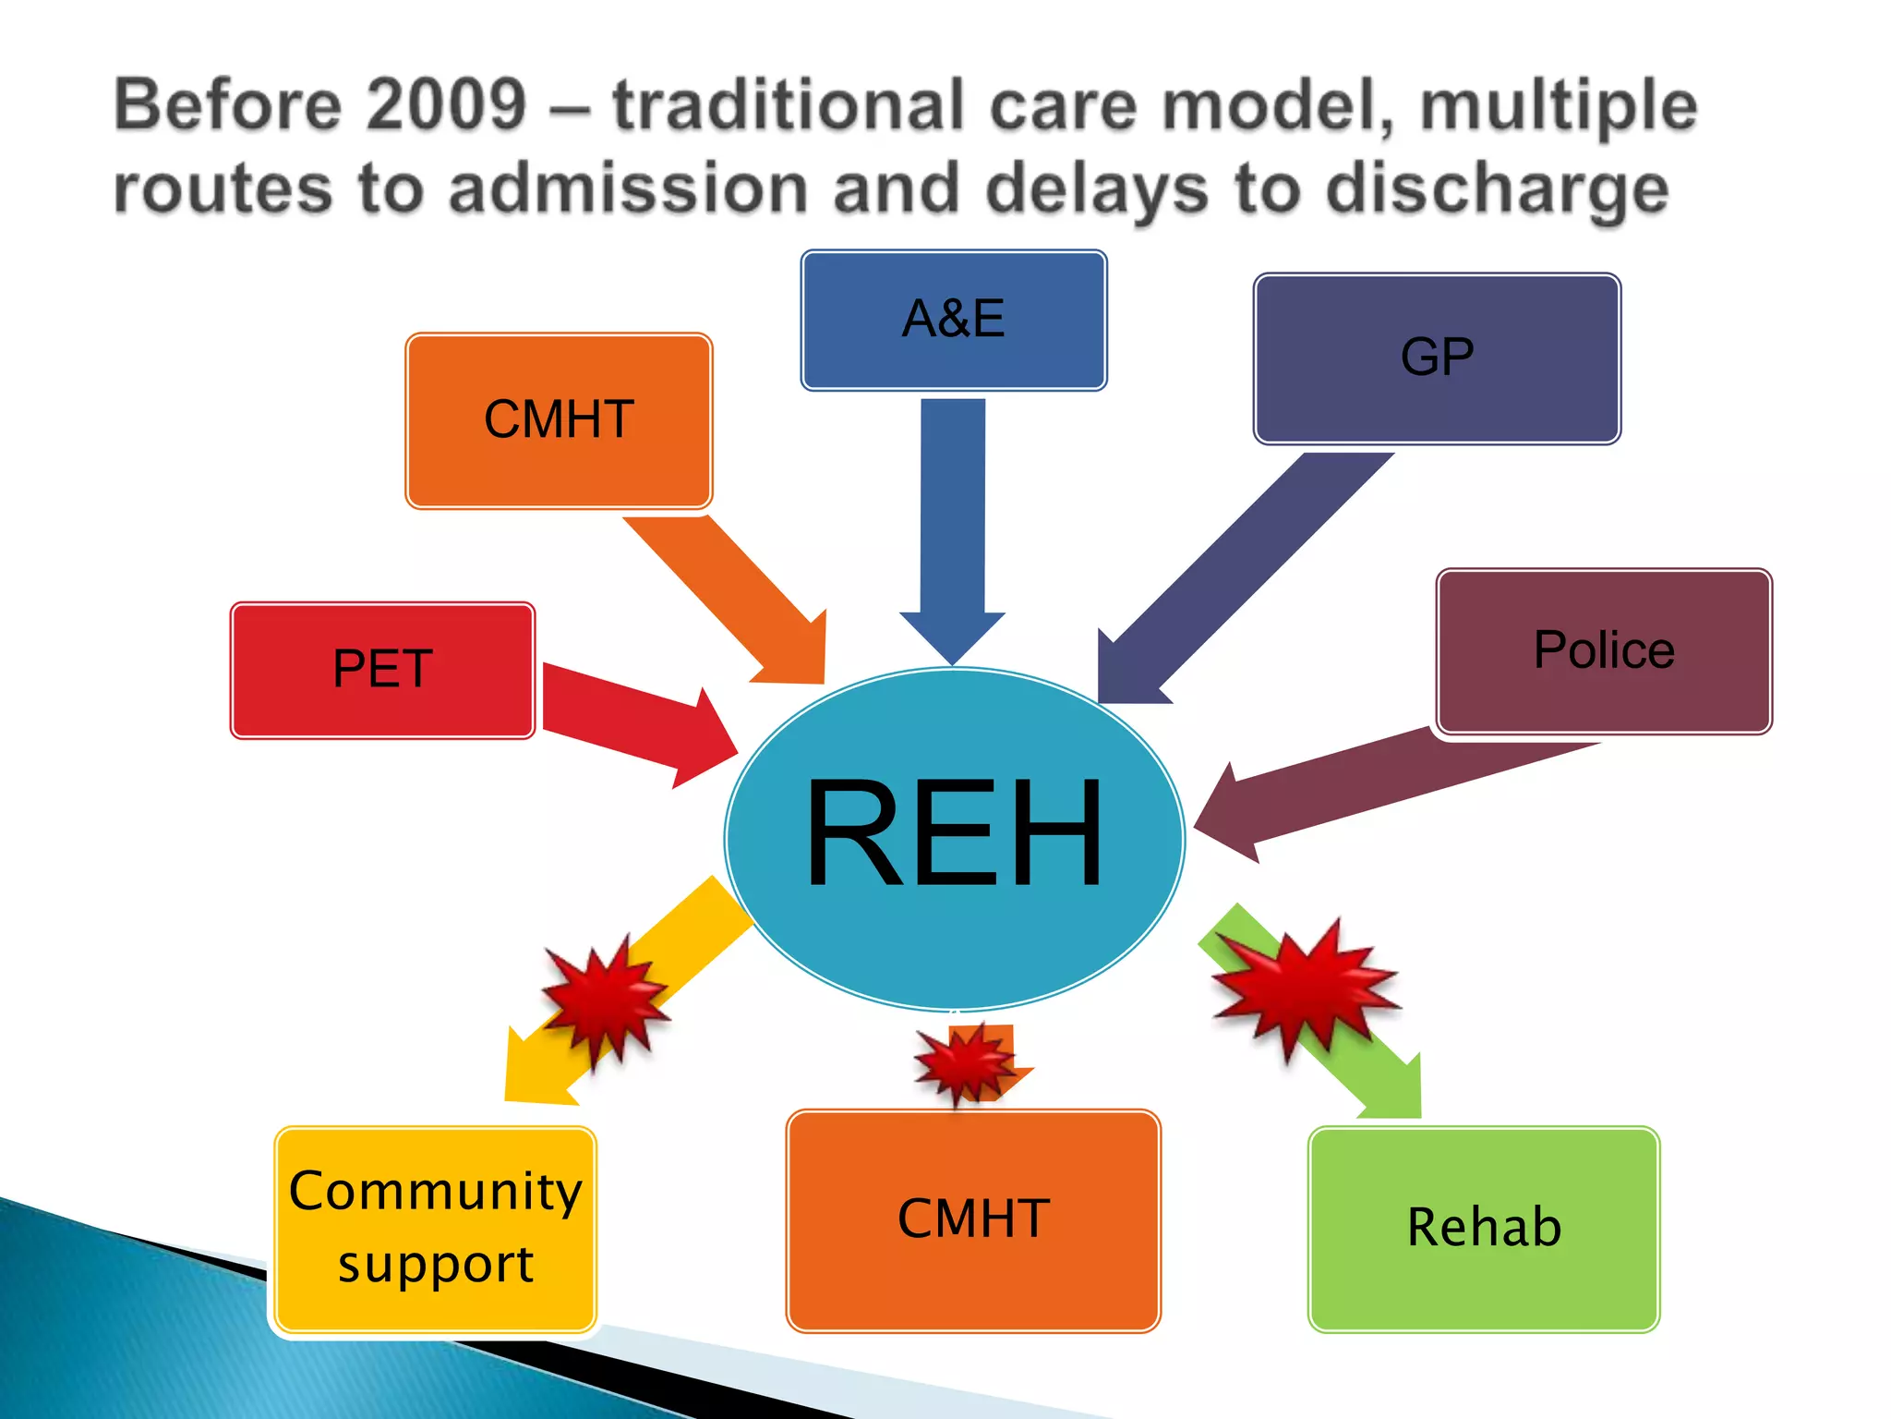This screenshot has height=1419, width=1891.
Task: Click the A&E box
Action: (953, 320)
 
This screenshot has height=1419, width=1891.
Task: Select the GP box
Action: (1436, 358)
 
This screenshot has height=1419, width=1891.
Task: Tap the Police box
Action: (1603, 650)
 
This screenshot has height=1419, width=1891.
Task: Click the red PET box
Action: (382, 670)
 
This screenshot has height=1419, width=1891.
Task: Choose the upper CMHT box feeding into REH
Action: (559, 420)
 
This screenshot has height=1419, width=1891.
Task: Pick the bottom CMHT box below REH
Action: (972, 1219)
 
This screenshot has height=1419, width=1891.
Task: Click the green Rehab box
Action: (1483, 1229)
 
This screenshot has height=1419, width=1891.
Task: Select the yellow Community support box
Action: (435, 1229)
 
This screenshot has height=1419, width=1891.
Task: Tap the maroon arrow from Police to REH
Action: (1367, 785)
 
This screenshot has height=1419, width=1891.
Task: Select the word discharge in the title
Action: (1496, 189)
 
